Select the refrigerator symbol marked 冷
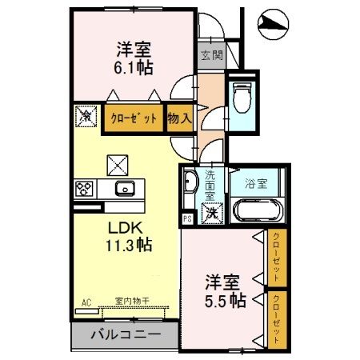pos(86,115)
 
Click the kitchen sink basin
pos(125,189)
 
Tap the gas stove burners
pos(84,189)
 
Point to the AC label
pos(86,303)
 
